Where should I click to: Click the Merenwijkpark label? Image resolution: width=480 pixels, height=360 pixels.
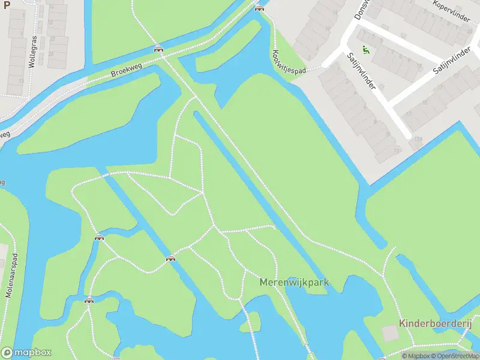pos(295,282)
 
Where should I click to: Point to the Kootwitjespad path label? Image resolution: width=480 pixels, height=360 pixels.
pos(290,62)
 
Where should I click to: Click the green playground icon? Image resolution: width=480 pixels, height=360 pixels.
pos(365,50)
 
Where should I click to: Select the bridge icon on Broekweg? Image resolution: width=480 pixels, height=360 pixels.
pos(158,49)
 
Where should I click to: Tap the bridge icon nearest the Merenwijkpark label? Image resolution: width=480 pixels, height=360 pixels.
pos(171,259)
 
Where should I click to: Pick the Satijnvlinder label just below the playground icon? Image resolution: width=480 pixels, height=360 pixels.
pos(361,71)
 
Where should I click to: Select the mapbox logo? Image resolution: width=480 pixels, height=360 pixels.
pos(26,353)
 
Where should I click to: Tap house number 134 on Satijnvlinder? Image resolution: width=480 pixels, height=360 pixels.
pos(417,139)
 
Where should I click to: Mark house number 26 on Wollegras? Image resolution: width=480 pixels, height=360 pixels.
pos(52,53)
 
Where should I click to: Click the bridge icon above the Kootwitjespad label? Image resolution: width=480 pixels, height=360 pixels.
pos(259,8)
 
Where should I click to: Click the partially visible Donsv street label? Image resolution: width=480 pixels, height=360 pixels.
pos(362,8)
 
